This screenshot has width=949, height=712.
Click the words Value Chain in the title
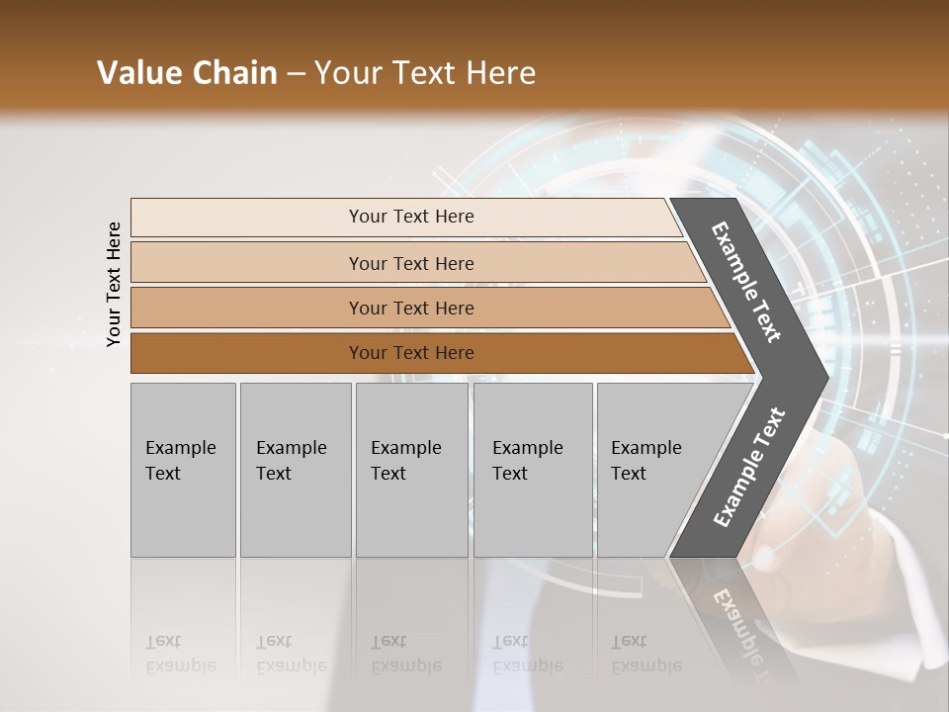187,73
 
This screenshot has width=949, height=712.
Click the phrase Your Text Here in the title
425,73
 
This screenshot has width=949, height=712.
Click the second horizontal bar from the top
410,263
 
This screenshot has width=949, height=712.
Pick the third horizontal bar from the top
410,308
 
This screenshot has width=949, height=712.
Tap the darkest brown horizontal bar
410,353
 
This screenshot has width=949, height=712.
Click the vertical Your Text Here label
114,284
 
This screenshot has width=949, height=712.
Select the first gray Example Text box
183,470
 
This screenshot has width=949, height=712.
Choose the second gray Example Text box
295,470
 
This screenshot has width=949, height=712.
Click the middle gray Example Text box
411,470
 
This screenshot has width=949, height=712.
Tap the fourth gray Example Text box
532,470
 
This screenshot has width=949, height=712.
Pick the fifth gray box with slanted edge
652,470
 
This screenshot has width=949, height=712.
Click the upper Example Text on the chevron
746,282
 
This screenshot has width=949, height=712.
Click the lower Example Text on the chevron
749,468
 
